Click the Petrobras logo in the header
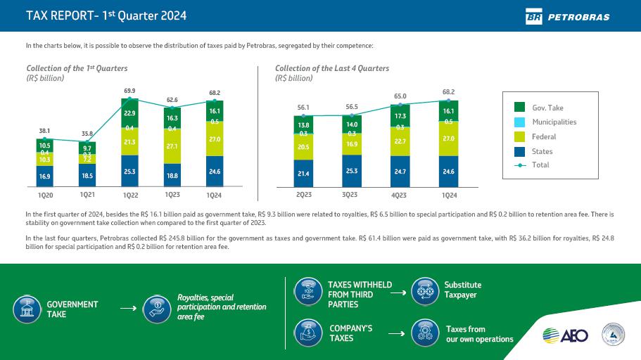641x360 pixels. point(567,16)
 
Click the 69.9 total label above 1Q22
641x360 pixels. point(130,91)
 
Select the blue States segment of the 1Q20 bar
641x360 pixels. point(45,176)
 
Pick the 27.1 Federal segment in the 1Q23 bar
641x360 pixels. point(172,146)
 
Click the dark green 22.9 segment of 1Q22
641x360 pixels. point(130,112)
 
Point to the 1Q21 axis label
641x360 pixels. point(88,193)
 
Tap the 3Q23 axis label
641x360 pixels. point(350,195)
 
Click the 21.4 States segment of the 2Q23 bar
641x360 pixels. point(304,173)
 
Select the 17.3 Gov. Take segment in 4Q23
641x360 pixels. point(400,115)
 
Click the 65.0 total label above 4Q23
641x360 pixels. point(400,96)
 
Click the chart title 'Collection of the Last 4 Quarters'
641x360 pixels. point(331,68)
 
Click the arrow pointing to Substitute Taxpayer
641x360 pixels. point(398,292)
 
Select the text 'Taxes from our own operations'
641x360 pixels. point(479,334)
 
